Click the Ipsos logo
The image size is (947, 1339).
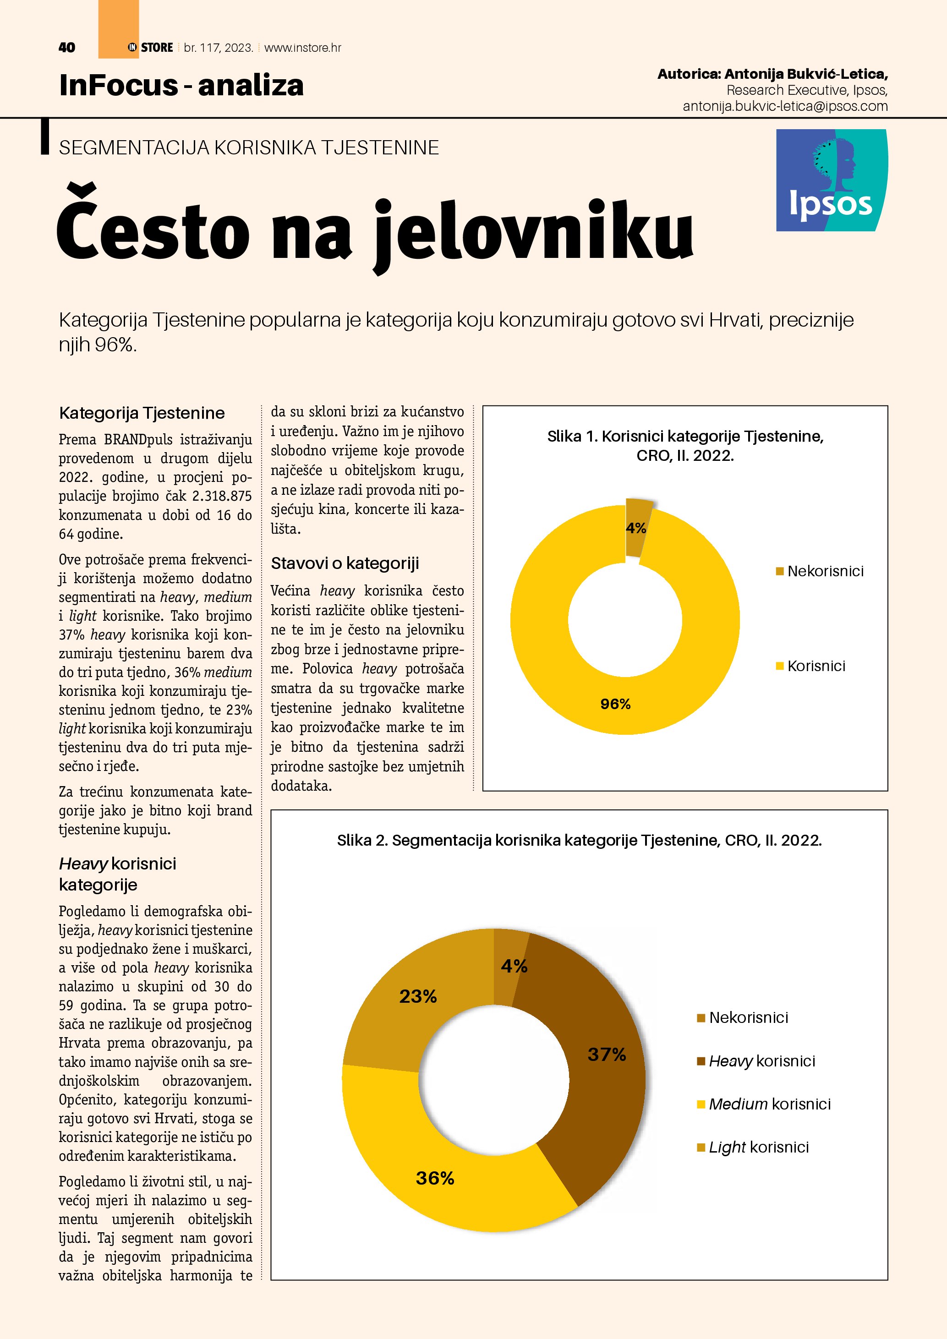click(832, 180)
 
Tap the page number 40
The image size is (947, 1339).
click(67, 48)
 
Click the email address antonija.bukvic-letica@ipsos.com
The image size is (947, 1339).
click(785, 106)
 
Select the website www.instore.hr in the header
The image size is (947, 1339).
click(303, 48)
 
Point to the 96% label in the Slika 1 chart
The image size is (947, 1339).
click(615, 705)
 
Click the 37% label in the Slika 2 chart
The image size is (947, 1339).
click(607, 1055)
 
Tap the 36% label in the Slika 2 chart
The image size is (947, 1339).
click(435, 1178)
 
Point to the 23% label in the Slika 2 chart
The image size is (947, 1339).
click(418, 996)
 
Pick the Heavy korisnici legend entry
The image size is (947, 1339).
click(761, 1061)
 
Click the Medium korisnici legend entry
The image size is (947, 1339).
click(769, 1104)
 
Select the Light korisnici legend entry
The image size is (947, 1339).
click(759, 1147)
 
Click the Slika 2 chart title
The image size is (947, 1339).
click(579, 841)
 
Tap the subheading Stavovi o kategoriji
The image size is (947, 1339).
click(345, 563)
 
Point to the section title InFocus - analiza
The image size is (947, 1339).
click(181, 85)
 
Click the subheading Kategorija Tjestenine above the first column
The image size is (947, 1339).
click(142, 413)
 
